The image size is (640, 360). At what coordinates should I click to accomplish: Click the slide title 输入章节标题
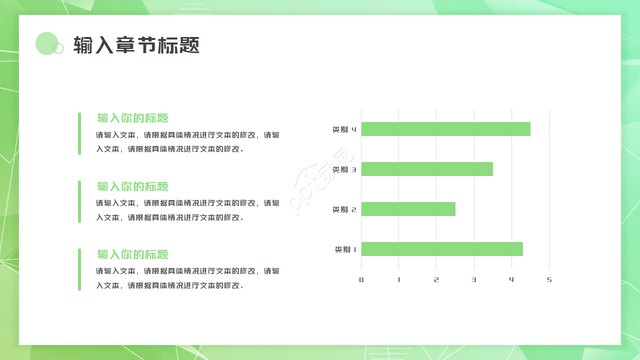(136, 45)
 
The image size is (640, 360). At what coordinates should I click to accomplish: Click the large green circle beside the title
(46, 43)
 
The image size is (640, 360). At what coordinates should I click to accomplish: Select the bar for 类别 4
(445, 129)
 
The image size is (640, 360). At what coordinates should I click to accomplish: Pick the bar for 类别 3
(427, 169)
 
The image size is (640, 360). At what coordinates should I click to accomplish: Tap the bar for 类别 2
(408, 209)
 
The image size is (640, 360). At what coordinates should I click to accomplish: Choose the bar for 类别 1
(442, 249)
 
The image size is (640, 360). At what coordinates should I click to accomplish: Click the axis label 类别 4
(344, 129)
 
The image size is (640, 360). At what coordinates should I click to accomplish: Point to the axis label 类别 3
(344, 169)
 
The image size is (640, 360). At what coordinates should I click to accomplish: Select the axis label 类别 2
(344, 209)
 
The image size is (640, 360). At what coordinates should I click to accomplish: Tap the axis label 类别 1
(345, 249)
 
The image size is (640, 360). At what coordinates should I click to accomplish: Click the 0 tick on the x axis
(361, 280)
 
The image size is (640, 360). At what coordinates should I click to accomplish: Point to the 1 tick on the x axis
(399, 280)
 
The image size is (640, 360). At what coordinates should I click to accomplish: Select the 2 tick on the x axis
(436, 280)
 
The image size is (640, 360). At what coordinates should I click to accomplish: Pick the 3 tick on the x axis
(474, 280)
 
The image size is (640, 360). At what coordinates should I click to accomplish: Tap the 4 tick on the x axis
(511, 280)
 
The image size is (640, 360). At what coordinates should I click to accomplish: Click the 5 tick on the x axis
(549, 280)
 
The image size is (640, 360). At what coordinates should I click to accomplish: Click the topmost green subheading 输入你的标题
(133, 118)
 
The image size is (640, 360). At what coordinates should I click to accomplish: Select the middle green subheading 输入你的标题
(133, 186)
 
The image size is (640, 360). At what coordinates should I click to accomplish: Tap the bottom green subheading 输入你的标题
(133, 254)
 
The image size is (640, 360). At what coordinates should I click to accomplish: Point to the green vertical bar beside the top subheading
(79, 133)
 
